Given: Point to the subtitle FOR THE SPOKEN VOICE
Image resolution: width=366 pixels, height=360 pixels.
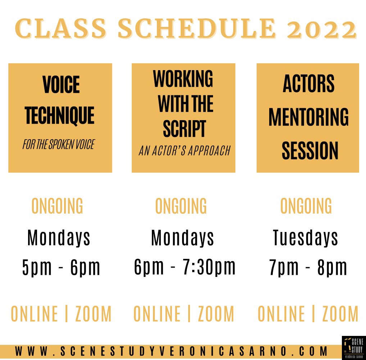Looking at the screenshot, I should click(x=58, y=145).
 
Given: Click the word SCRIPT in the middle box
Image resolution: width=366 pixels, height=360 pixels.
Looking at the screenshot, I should click(x=184, y=129).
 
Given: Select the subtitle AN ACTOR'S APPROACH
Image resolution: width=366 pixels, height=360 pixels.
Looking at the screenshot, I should click(x=184, y=151).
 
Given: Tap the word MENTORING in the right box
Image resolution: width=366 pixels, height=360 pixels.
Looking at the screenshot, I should click(x=308, y=117).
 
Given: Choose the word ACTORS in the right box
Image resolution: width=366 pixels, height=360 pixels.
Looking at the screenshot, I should click(x=308, y=84).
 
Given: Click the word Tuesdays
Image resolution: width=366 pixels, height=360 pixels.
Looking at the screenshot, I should click(x=306, y=238).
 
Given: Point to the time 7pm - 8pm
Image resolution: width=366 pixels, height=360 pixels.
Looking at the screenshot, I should click(x=308, y=268).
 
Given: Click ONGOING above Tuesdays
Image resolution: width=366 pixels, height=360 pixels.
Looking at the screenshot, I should click(x=306, y=206).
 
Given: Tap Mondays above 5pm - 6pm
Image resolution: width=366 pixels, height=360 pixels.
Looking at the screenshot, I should click(x=59, y=238).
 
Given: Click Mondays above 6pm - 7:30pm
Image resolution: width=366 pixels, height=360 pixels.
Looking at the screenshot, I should click(x=183, y=238).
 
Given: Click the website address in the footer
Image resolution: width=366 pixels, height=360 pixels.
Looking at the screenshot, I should click(x=172, y=351).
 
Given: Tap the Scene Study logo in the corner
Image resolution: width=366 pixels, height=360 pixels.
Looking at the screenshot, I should click(x=353, y=347).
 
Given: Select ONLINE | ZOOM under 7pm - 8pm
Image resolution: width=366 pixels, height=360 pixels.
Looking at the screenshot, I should click(x=308, y=314).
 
